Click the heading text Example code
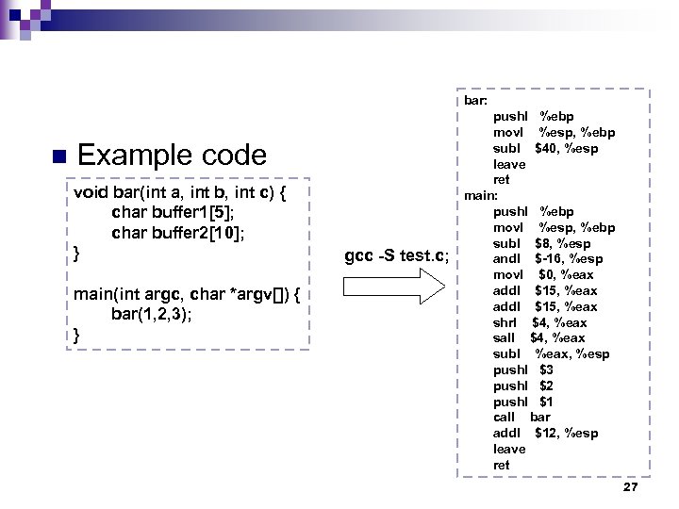[172, 155]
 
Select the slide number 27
[631, 487]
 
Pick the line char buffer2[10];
[178, 232]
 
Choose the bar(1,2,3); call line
[151, 314]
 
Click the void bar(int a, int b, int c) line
[179, 192]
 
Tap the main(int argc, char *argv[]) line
[187, 294]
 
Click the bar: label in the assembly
[475, 99]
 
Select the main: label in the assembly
[480, 195]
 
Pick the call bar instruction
[522, 417]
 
